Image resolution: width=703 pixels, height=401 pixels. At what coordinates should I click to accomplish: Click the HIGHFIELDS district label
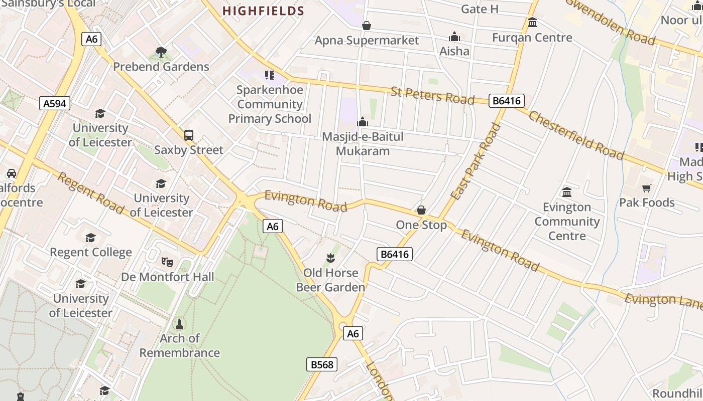(x=263, y=11)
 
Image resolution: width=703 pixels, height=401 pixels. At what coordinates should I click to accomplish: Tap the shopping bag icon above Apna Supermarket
(x=367, y=26)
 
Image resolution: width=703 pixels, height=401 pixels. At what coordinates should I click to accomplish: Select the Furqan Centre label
(x=532, y=38)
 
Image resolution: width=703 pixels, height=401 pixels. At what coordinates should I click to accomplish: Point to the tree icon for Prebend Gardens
(x=161, y=52)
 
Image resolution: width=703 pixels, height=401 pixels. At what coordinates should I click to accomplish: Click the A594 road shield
(x=55, y=104)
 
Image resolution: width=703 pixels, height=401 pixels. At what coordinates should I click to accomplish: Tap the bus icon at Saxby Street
(x=189, y=135)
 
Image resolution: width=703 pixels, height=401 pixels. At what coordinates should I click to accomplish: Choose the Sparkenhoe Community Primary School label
(x=270, y=104)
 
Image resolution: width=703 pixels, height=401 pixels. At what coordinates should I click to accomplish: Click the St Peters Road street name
(x=432, y=95)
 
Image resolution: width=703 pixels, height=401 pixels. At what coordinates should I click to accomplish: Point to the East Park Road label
(x=476, y=161)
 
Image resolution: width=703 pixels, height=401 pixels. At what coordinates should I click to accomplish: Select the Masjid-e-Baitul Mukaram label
(x=363, y=144)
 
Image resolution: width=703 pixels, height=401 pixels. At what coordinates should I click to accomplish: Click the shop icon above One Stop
(x=421, y=210)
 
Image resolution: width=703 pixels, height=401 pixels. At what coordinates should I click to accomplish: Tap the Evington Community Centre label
(x=567, y=221)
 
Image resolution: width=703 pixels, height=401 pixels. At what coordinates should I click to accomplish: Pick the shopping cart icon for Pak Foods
(x=646, y=188)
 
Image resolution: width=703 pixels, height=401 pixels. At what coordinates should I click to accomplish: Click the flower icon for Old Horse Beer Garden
(x=330, y=258)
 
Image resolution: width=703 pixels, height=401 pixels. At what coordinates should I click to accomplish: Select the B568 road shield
(x=322, y=364)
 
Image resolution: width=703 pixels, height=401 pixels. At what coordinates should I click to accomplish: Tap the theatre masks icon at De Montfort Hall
(x=167, y=262)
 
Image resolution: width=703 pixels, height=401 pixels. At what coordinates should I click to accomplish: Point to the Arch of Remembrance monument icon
(x=179, y=324)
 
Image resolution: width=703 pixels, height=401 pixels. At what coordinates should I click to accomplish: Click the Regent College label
(x=91, y=252)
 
